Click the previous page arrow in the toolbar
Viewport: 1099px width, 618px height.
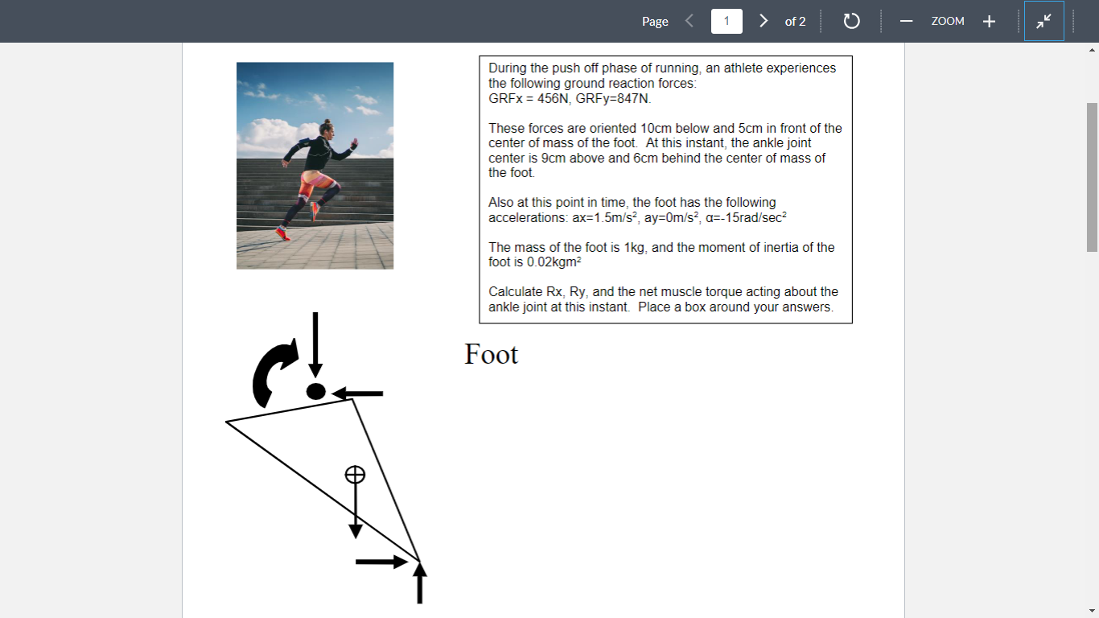pos(689,21)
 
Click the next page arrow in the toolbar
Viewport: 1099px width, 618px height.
pos(764,21)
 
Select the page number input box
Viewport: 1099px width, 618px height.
pos(726,21)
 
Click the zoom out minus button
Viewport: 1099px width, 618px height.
pos(906,22)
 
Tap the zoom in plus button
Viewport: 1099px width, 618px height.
pos(989,22)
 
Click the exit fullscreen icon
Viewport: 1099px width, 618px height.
pos(1043,22)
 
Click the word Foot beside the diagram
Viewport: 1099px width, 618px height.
pos(491,354)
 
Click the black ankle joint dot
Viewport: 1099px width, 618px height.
pos(315,392)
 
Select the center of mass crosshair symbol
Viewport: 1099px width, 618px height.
pos(355,475)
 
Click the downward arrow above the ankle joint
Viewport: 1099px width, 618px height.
pos(315,342)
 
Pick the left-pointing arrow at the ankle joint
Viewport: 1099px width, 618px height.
pos(358,393)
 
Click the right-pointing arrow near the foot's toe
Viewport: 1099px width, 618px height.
pos(381,562)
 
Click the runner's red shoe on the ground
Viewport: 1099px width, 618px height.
pos(282,234)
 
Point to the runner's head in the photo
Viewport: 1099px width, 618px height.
pos(326,128)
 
